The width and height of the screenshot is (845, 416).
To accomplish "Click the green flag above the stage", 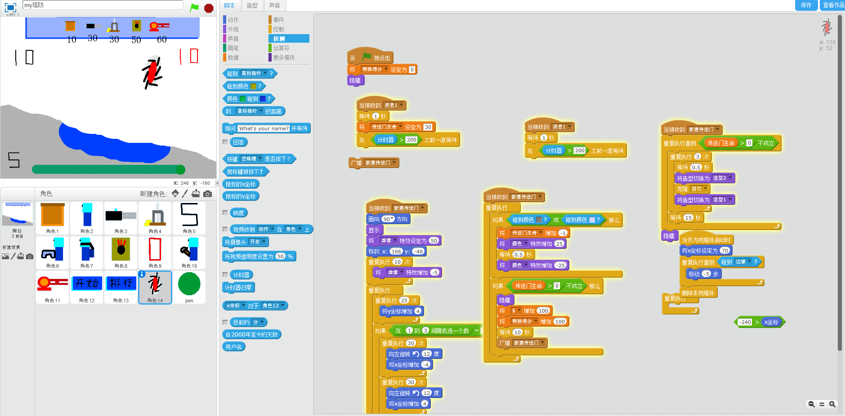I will coord(194,8).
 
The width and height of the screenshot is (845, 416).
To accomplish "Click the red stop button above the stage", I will coord(209,8).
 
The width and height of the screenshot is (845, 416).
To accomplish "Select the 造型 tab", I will coord(252,5).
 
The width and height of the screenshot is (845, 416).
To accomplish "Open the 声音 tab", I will coord(274,5).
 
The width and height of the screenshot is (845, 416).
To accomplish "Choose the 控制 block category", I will coord(278,29).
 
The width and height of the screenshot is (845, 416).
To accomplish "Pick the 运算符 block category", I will coord(281,48).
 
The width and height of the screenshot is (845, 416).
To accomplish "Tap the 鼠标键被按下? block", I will coord(245,172).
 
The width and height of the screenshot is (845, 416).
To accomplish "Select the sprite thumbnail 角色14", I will coord(155,287).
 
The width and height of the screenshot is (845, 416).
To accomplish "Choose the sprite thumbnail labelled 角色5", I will coord(189,217).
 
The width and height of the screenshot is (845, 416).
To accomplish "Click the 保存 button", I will coord(806,5).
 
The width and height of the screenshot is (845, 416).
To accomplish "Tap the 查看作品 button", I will coord(833,5).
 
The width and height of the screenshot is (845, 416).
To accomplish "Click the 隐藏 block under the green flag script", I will coord(355,81).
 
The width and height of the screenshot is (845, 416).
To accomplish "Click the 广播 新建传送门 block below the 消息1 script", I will coord(373,163).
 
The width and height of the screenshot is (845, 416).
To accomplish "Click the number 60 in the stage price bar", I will coord(162,40).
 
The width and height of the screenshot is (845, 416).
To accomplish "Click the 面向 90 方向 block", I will coord(388,219).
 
